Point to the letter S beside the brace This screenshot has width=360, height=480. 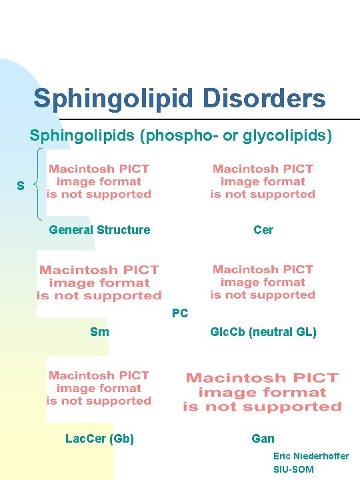(21, 186)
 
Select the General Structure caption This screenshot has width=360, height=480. (99, 230)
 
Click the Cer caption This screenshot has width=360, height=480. (263, 230)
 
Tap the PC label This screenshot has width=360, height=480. (180, 313)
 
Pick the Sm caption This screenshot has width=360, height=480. (99, 331)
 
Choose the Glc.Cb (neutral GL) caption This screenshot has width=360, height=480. (263, 331)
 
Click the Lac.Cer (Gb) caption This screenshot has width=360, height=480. (99, 438)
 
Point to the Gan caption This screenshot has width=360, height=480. (263, 438)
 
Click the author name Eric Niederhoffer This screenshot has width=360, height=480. (311, 456)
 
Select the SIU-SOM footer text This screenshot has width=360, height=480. (293, 469)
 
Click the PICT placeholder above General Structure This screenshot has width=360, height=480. (99, 182)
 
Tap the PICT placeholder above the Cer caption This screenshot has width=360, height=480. (263, 182)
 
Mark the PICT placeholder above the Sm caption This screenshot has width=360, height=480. (99, 282)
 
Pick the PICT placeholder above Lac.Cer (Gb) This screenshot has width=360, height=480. (99, 388)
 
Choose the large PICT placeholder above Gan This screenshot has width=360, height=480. (262, 392)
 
